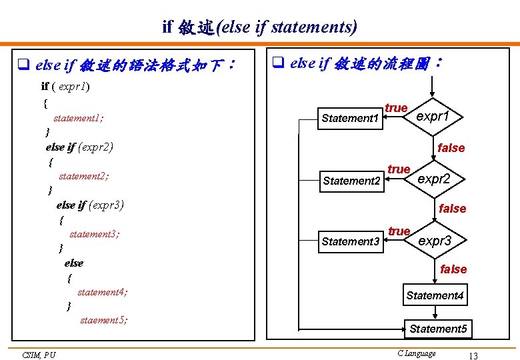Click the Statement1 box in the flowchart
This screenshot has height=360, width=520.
click(x=350, y=118)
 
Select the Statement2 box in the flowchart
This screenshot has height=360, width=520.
click(x=351, y=181)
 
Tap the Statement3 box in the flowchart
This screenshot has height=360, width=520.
click(x=350, y=241)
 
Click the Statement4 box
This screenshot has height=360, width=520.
click(x=435, y=295)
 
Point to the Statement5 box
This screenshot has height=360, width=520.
click(x=437, y=329)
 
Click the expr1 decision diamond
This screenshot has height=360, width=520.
click(x=433, y=116)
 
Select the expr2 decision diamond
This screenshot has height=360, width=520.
click(x=434, y=179)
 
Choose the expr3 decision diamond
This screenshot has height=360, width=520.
click(x=435, y=240)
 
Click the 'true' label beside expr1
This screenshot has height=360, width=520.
click(x=396, y=108)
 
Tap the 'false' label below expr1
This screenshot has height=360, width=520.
click(x=451, y=148)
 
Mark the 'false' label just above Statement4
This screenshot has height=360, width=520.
click(x=453, y=269)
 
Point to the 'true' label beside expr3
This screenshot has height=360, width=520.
click(x=399, y=231)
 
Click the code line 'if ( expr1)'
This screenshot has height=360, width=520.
click(x=66, y=86)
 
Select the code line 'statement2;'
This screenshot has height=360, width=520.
click(x=84, y=176)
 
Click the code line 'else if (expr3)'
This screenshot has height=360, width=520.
click(x=90, y=205)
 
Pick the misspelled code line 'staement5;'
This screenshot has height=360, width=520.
click(x=103, y=320)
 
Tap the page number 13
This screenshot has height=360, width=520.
click(x=473, y=355)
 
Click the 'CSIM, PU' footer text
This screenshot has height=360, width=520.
click(x=39, y=355)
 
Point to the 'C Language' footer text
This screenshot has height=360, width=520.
click(x=416, y=353)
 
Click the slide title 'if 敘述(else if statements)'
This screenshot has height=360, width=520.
click(x=260, y=27)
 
